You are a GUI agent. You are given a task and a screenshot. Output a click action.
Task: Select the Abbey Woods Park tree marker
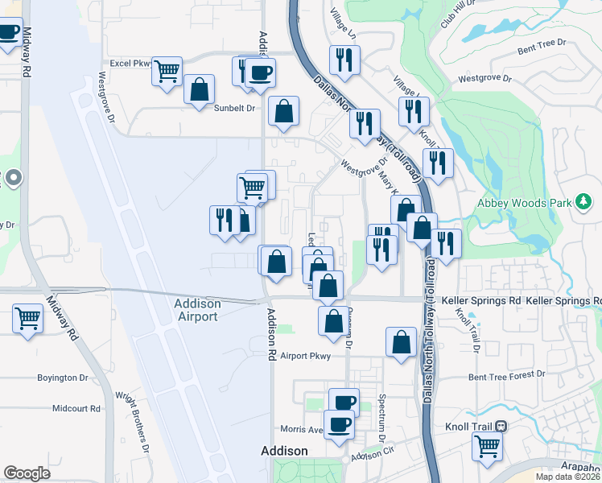coord(584,201)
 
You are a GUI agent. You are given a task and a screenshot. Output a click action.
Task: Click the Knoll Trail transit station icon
coord(501,426)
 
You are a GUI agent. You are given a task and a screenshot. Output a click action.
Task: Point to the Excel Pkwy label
coord(130,62)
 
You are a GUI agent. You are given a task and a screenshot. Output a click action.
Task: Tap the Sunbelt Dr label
coord(233,107)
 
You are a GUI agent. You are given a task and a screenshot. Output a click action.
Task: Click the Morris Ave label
coord(300,429)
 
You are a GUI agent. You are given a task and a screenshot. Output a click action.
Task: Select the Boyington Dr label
coord(62,377)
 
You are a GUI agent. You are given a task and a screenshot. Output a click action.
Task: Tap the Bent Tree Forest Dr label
coord(506,374)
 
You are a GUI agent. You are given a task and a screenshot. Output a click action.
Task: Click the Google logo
coord(27,473)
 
